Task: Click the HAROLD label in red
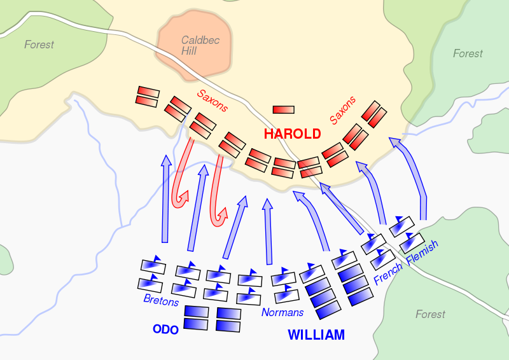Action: (293, 134)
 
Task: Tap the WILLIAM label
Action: (316, 335)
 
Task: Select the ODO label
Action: (165, 329)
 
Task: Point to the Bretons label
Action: (161, 300)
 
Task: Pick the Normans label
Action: (282, 312)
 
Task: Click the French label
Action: (388, 274)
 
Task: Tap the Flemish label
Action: (422, 253)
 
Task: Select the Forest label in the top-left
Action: (39, 45)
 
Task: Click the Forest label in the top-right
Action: (468, 53)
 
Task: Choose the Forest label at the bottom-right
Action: (431, 314)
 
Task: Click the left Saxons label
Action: (212, 100)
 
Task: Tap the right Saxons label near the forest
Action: (343, 111)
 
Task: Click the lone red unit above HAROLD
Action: (283, 110)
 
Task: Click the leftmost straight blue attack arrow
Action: (165, 198)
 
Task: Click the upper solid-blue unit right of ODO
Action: (197, 312)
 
